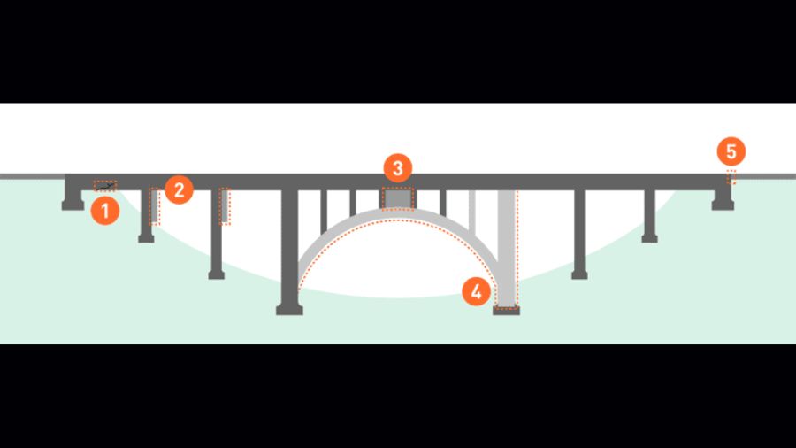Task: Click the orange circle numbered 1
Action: point(105,211)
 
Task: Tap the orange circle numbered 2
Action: point(180,190)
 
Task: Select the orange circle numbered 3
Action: point(398,168)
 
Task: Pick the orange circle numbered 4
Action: point(476,291)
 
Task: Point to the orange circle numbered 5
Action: point(731,151)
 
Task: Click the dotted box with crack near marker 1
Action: point(105,186)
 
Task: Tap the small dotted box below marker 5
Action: point(731,177)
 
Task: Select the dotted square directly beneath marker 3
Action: point(398,198)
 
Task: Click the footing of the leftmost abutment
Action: point(73,205)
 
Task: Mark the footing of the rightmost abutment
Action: point(723,205)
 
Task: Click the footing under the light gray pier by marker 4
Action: point(506,311)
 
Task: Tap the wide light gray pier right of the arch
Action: point(507,249)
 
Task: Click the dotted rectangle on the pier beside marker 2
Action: point(155,206)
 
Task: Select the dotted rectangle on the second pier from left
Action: point(225,206)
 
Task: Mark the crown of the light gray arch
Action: point(398,214)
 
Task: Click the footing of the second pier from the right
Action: point(650,238)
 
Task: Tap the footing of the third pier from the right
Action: point(579,274)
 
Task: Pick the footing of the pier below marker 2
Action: point(146,238)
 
